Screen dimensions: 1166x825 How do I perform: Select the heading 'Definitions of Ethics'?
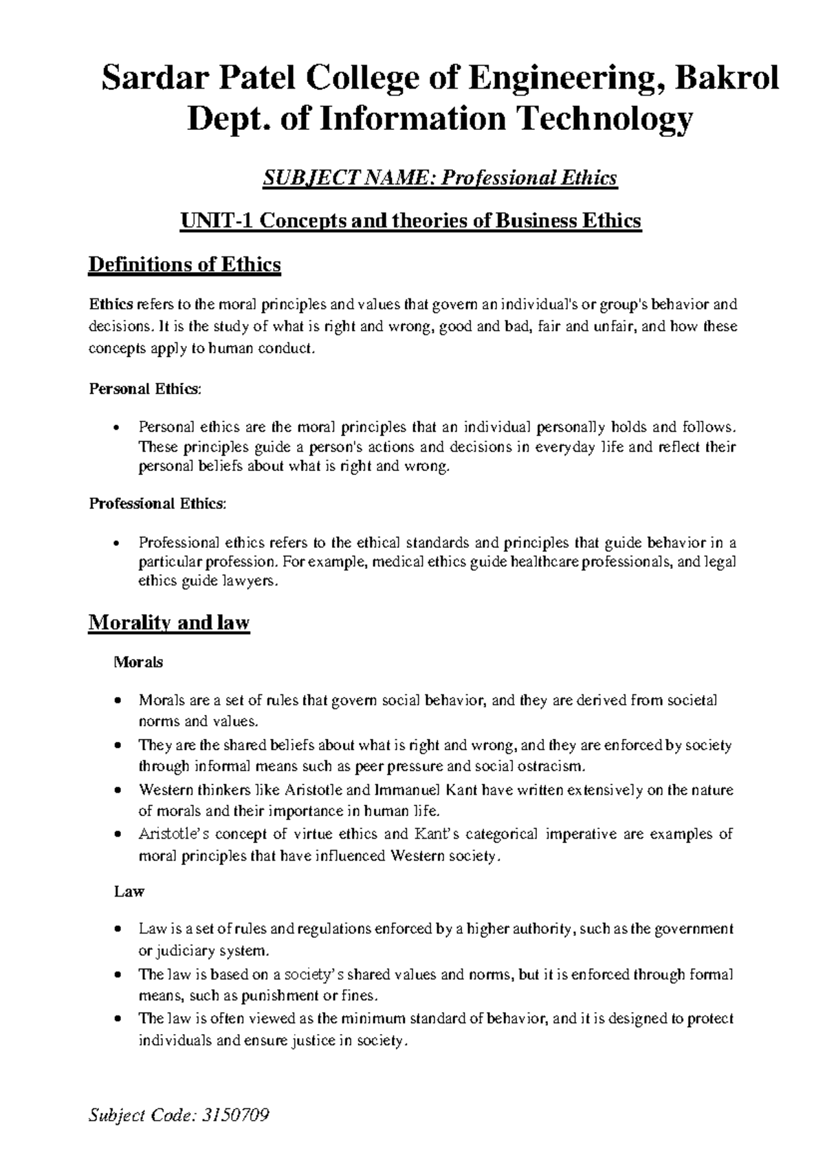pos(184,265)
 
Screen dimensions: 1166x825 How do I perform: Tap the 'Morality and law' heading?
pos(169,623)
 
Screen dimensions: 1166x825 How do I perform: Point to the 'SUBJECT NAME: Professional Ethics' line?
pos(440,179)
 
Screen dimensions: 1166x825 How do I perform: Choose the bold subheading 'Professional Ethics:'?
pos(157,503)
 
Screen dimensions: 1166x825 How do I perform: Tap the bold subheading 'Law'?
pos(129,892)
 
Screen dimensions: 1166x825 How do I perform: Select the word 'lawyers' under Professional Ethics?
pos(257,582)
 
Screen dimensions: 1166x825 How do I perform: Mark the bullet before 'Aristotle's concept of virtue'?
pos(120,835)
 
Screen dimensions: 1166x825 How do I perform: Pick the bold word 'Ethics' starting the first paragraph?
pos(111,305)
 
